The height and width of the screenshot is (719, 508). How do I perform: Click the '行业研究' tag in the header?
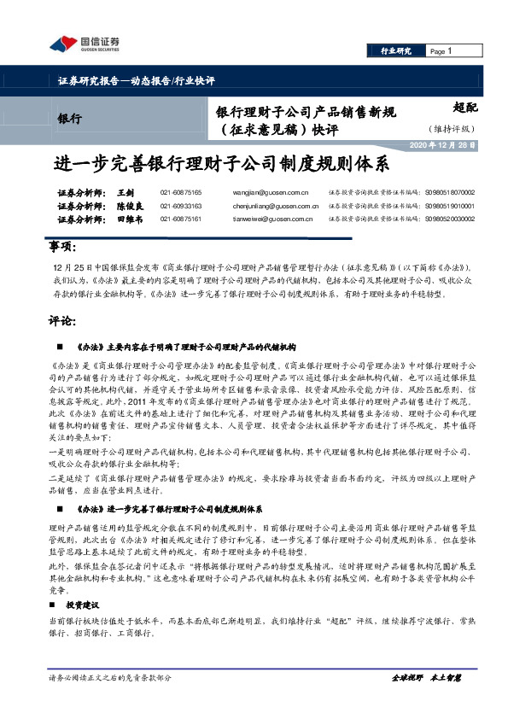pyautogui.click(x=396, y=52)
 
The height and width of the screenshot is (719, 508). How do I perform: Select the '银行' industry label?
pyautogui.click(x=69, y=118)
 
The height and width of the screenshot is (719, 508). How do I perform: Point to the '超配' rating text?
pyautogui.click(x=465, y=108)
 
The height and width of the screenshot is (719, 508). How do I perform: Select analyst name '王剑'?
pyautogui.click(x=126, y=193)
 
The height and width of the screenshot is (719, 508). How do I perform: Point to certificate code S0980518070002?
pyautogui.click(x=450, y=193)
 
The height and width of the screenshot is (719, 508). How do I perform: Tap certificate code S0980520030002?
pyautogui.click(x=450, y=219)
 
